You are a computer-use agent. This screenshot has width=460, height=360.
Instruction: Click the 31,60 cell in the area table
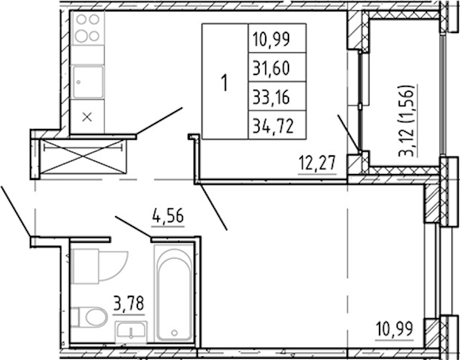tap(277, 67)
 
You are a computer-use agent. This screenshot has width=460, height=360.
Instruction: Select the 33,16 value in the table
tap(277, 96)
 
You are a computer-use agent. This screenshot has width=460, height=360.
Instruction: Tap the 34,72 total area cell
tap(277, 125)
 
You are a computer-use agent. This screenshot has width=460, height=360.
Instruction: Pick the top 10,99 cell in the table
tap(277, 38)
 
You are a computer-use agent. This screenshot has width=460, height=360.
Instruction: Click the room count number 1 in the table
tap(225, 83)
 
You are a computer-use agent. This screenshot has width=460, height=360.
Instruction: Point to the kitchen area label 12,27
tap(317, 163)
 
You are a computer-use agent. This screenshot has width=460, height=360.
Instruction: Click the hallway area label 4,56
tap(167, 216)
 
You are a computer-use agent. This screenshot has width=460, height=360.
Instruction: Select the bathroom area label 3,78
tap(129, 304)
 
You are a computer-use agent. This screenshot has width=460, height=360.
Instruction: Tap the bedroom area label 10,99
tap(394, 329)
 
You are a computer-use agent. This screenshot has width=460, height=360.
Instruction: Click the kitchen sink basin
tap(88, 82)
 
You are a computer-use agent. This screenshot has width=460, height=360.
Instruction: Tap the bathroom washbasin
tap(131, 332)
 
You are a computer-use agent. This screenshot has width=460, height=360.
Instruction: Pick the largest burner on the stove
tap(81, 36)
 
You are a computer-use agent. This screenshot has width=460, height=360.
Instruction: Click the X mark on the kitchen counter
tap(87, 118)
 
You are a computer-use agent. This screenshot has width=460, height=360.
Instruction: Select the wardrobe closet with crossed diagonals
tap(83, 157)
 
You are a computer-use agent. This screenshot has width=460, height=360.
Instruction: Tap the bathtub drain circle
tap(175, 333)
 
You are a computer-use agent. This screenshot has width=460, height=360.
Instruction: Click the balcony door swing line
tap(348, 133)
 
